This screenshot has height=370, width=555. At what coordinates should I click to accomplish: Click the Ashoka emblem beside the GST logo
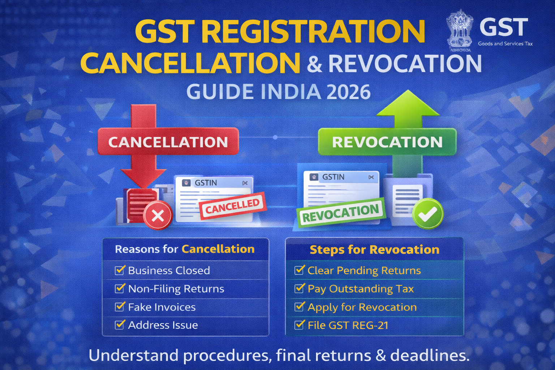460,30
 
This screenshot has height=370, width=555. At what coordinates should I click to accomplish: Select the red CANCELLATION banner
168,142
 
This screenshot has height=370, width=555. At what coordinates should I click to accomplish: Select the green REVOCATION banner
387,142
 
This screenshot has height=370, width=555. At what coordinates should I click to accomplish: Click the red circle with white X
158,215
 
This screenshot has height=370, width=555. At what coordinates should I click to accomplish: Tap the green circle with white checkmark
428,214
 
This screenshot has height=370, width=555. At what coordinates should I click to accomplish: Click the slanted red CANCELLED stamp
233,206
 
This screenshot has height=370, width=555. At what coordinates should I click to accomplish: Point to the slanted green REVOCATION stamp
341,213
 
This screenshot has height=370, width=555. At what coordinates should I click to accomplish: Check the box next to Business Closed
120,270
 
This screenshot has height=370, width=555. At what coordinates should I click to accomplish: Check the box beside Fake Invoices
120,306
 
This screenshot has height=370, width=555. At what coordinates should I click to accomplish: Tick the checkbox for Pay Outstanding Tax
299,288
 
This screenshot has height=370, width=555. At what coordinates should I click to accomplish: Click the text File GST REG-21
348,325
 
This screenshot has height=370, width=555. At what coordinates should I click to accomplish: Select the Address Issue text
163,325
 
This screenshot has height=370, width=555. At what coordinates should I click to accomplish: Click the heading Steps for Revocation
375,250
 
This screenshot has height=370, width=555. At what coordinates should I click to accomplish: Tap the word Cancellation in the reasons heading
218,249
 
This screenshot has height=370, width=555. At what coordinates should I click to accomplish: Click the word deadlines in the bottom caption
430,356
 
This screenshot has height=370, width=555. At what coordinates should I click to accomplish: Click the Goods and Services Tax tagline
505,44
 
